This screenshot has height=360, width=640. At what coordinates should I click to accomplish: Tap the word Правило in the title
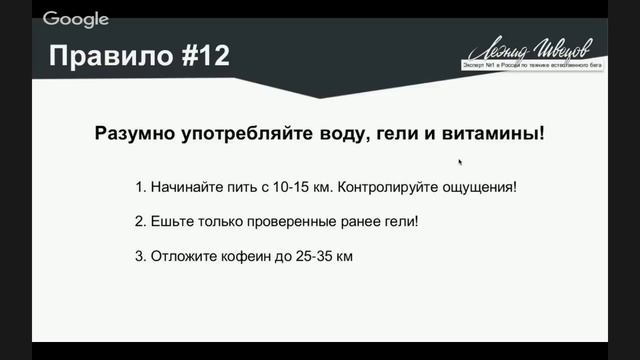(x=107, y=56)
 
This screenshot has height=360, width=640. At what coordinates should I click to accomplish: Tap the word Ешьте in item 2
(x=170, y=222)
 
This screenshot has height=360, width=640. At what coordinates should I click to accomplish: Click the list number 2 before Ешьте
(x=138, y=222)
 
